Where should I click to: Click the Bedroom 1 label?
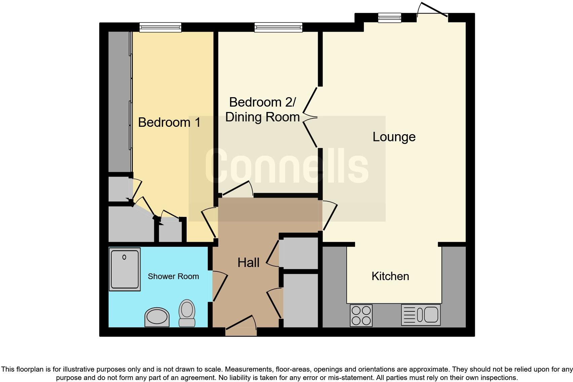click(169, 122)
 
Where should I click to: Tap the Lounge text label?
click(394, 137)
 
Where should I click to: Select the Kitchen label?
click(390, 276)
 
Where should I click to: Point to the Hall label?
click(248, 263)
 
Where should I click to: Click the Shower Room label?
click(173, 276)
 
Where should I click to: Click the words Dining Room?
click(262, 117)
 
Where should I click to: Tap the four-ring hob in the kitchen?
click(361, 315)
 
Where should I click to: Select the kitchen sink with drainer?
click(421, 315)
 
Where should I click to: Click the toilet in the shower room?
click(187, 313)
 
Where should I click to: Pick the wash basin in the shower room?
click(157, 317)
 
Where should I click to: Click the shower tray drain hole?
click(124, 257)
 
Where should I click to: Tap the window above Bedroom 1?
click(160, 27)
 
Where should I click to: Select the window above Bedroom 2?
click(278, 27)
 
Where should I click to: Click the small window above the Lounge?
click(389, 17)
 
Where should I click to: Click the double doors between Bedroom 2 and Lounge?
click(310, 117)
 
